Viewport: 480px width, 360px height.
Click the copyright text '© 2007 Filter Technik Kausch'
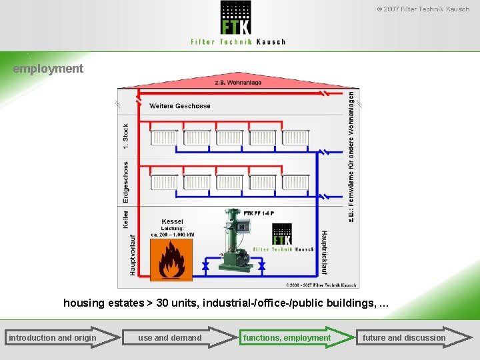[x=423, y=9]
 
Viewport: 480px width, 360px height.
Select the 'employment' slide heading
[x=48, y=68]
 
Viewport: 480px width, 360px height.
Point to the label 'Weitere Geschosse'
[x=180, y=106]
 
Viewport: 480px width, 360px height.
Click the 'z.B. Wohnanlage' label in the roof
[x=238, y=83]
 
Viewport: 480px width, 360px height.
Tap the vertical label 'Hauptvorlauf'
[x=133, y=255]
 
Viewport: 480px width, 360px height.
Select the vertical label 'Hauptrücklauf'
[x=325, y=253]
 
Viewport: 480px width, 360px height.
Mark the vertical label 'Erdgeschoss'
[x=125, y=182]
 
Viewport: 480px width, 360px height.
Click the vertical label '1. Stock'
[x=125, y=137]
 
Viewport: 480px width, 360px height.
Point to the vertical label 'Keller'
[x=125, y=219]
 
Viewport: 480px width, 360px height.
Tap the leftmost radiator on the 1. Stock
[x=163, y=138]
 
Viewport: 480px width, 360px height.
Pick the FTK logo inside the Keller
[x=282, y=235]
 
